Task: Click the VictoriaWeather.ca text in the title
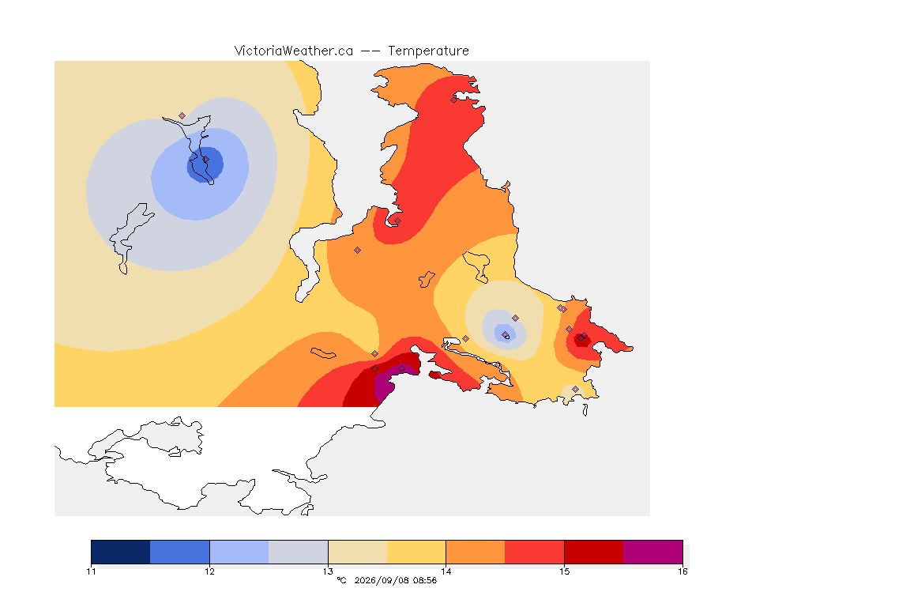[294, 51]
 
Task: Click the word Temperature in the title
[428, 51]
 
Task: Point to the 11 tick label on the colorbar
[91, 571]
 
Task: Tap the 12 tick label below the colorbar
[209, 571]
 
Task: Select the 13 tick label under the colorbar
[328, 571]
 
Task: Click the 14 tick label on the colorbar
[446, 571]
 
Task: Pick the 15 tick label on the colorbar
[564, 571]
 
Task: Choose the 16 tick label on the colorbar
[682, 571]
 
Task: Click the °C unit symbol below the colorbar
[341, 580]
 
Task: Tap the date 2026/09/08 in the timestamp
[380, 580]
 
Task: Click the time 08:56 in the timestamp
[423, 580]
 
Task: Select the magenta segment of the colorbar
[653, 552]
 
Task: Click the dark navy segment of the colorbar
[121, 552]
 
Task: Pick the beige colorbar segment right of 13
[358, 552]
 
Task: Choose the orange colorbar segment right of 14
[476, 552]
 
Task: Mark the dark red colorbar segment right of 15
[594, 552]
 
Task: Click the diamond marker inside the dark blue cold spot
[205, 159]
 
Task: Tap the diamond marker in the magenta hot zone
[401, 369]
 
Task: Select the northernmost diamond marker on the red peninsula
[454, 100]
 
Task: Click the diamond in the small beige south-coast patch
[575, 389]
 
